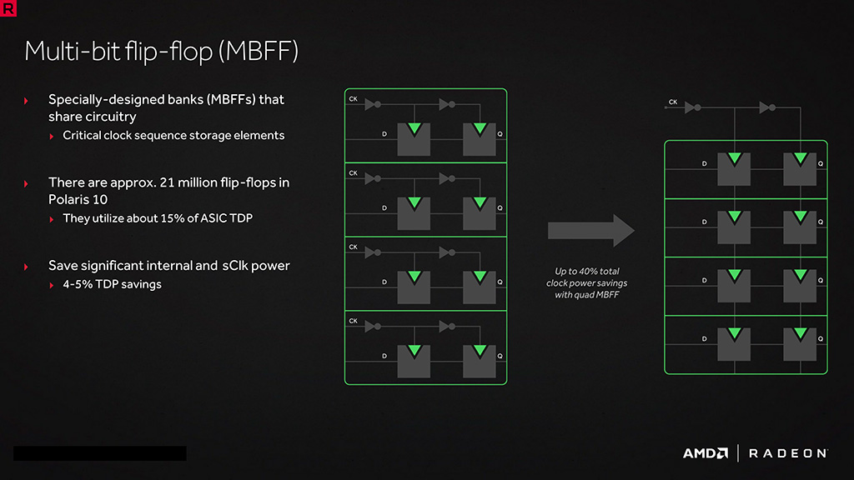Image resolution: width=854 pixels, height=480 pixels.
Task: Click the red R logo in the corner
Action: click(x=8, y=8)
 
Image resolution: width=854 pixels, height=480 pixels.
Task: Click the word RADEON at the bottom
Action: click(x=787, y=453)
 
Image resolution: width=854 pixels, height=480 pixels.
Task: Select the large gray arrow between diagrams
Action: click(x=591, y=230)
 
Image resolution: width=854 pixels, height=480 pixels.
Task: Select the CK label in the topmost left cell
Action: click(x=354, y=100)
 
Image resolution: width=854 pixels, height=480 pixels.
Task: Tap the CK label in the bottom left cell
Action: click(x=354, y=321)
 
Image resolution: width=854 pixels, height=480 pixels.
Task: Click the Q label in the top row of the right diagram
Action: click(x=820, y=164)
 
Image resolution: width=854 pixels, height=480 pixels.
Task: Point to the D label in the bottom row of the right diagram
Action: click(x=704, y=339)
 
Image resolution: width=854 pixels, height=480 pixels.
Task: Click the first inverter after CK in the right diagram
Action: click(x=691, y=107)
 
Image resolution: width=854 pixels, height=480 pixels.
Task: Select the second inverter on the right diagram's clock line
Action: click(x=767, y=107)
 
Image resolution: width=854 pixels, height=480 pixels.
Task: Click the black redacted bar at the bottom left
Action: click(x=99, y=453)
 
